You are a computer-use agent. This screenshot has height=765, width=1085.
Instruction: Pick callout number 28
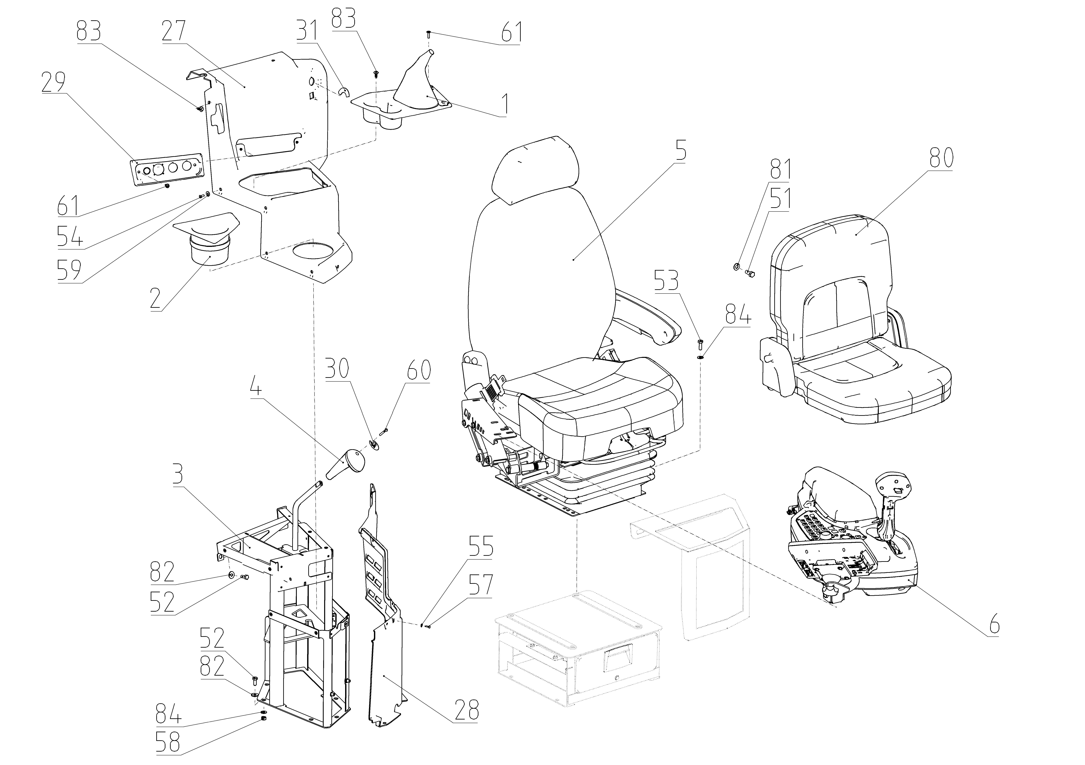(466, 710)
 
